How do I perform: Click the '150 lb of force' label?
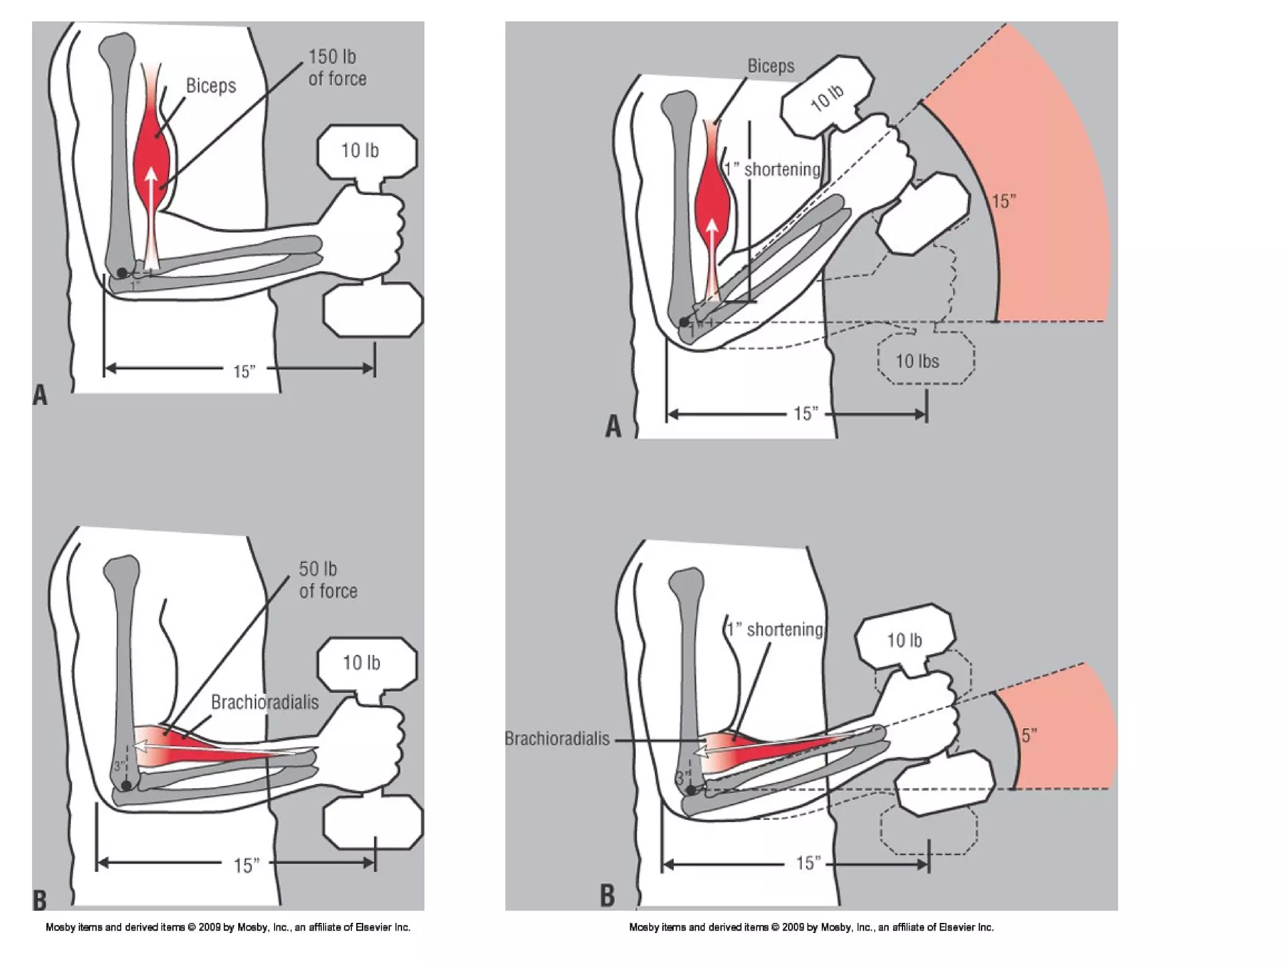[337, 68]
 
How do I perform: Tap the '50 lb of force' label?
[327, 580]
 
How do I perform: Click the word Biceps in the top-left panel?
[211, 86]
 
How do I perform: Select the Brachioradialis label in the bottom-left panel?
[265, 702]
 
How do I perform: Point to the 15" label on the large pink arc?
[1004, 202]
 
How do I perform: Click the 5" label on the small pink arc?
[1029, 735]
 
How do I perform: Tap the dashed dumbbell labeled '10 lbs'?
[925, 361]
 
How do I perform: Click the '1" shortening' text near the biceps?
[772, 170]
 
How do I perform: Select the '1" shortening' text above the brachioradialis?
[774, 630]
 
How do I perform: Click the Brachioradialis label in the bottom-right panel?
[557, 738]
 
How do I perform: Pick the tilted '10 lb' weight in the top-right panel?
[827, 97]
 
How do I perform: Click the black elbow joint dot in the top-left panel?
[122, 272]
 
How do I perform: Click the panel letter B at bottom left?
[39, 900]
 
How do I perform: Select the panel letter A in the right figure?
[613, 427]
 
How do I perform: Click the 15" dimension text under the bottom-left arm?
[246, 865]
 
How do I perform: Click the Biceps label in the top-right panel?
[770, 66]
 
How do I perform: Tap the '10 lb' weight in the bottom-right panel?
[904, 640]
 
